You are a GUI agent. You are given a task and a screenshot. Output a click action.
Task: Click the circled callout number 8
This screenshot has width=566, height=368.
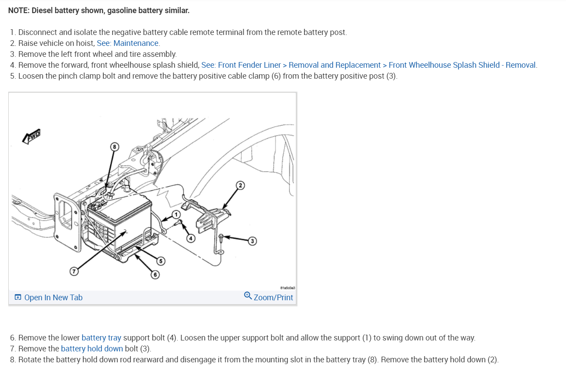click(x=115, y=147)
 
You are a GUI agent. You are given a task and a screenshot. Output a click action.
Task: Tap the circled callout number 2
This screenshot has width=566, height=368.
click(x=240, y=185)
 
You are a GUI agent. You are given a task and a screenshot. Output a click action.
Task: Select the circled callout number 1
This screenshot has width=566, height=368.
click(x=176, y=215)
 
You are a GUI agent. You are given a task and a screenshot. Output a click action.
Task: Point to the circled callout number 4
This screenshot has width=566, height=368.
click(x=191, y=238)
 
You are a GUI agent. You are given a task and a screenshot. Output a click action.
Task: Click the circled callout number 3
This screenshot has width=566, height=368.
click(x=252, y=241)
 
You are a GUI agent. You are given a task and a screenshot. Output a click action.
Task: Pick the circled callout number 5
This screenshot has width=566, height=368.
click(x=161, y=261)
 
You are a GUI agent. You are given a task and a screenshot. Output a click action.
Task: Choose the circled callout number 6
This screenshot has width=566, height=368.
click(x=155, y=274)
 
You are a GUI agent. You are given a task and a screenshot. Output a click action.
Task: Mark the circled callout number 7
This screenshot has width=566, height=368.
click(x=74, y=271)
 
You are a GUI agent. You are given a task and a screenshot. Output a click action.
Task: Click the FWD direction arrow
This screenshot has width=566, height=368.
click(x=31, y=137)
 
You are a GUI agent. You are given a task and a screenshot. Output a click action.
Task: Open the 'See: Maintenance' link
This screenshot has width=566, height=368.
click(x=128, y=43)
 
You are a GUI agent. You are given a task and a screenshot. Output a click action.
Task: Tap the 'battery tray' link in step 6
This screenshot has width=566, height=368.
click(x=101, y=338)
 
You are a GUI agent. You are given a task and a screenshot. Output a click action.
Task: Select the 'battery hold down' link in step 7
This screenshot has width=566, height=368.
click(x=92, y=348)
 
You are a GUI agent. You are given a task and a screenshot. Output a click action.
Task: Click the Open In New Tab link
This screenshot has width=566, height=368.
click(x=49, y=298)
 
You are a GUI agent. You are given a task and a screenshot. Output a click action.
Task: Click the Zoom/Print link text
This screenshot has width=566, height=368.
click(x=274, y=298)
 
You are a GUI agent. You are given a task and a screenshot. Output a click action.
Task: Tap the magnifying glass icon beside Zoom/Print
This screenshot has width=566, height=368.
click(x=248, y=296)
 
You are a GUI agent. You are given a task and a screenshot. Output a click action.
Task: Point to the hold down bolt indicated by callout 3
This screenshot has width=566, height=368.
click(x=221, y=238)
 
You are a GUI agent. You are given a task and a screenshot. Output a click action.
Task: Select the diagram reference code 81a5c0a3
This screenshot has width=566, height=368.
click(x=288, y=288)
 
